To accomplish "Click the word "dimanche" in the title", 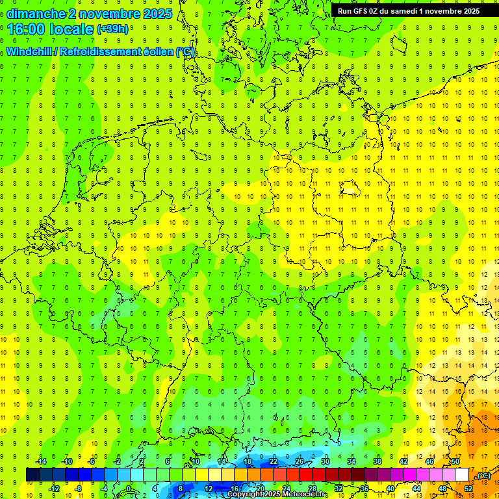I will click(36, 14).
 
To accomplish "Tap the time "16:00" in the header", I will click(25, 29).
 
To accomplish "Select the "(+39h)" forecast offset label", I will click(112, 29).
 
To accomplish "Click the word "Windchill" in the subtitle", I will click(30, 52).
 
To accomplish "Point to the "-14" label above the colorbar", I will click(40, 461).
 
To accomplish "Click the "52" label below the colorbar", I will click(468, 489).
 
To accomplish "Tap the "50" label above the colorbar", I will click(455, 461).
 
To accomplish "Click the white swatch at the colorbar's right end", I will click(461, 475).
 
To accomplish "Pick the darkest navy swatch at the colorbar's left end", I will click(32, 475).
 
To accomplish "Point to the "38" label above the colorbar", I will click(377, 461).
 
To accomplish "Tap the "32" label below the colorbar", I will click(338, 489).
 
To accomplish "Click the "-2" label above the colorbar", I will click(118, 461).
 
